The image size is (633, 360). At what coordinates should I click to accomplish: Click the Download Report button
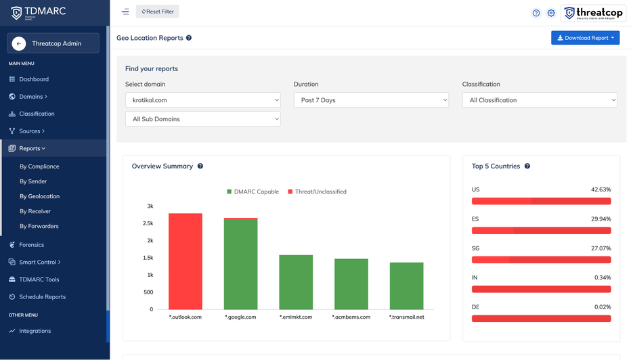[x=585, y=38]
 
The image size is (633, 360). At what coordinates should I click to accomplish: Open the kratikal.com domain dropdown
[x=202, y=100]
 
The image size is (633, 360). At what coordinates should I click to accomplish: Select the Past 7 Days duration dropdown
[x=371, y=100]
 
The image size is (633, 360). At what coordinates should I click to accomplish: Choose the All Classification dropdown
[x=540, y=100]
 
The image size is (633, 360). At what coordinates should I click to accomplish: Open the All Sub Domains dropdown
[x=202, y=119]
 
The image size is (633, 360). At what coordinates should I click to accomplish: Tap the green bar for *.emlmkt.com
[x=296, y=282]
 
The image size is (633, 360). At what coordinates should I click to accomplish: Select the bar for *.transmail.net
[x=406, y=286]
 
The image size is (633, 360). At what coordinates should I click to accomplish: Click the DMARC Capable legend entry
[x=253, y=192]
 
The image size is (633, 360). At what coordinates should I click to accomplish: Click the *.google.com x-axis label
[x=240, y=317]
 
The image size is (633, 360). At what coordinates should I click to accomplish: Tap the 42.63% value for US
[x=601, y=189]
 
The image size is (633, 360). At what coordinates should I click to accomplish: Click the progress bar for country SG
[x=541, y=260]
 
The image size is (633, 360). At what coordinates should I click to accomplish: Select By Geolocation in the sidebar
[x=39, y=196]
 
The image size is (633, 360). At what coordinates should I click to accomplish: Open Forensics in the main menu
[x=31, y=245]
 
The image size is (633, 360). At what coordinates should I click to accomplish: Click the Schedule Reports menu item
[x=42, y=297]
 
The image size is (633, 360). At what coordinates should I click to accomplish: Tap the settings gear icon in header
[x=551, y=13]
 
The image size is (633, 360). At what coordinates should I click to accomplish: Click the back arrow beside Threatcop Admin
[x=19, y=43]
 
